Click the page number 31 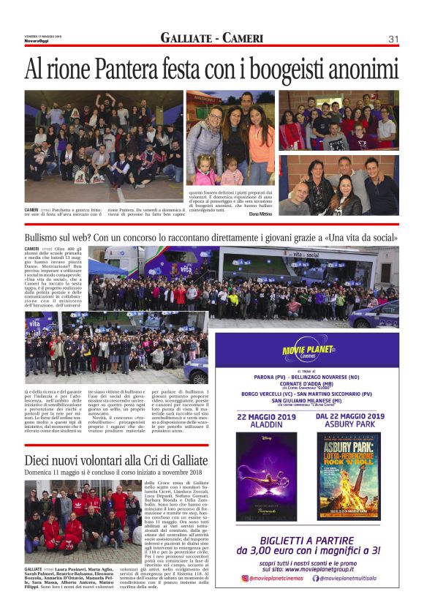(x=393, y=39)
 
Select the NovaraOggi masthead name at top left (x=34, y=40)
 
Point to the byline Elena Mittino (x=260, y=214)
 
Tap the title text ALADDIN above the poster (x=266, y=424)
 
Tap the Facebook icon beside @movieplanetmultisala (x=316, y=578)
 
